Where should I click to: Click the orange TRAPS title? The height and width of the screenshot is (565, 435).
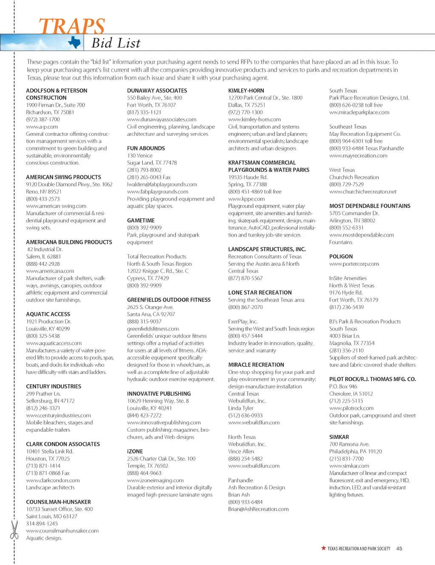click(x=72, y=26)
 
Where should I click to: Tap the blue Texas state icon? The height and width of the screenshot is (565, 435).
click(x=75, y=42)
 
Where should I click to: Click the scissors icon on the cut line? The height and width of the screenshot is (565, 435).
click(x=14, y=529)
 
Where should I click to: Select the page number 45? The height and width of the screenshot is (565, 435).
click(x=399, y=548)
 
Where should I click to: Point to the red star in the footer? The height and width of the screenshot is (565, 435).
click(x=324, y=548)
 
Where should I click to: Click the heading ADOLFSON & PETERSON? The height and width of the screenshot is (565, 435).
click(x=56, y=91)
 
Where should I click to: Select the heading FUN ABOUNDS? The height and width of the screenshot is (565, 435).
click(x=146, y=148)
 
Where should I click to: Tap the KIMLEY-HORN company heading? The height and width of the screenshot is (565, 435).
click(x=246, y=91)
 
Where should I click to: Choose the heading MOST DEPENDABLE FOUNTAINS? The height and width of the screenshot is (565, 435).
click(x=370, y=206)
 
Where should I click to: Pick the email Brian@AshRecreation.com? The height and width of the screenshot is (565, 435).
click(x=258, y=509)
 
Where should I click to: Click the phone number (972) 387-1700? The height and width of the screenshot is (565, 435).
click(x=43, y=119)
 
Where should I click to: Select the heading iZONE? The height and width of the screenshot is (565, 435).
click(x=135, y=451)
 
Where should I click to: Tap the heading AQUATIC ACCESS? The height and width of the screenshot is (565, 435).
click(x=48, y=314)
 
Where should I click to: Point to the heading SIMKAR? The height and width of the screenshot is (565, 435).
click(x=339, y=437)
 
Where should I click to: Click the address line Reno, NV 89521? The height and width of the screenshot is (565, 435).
click(x=44, y=192)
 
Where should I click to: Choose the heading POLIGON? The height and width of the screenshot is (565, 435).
click(x=341, y=257)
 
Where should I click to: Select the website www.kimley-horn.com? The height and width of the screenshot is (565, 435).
click(x=254, y=119)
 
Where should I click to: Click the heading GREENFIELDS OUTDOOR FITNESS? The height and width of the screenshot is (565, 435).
click(x=169, y=300)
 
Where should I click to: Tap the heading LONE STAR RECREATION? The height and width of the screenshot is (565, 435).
click(x=260, y=292)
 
